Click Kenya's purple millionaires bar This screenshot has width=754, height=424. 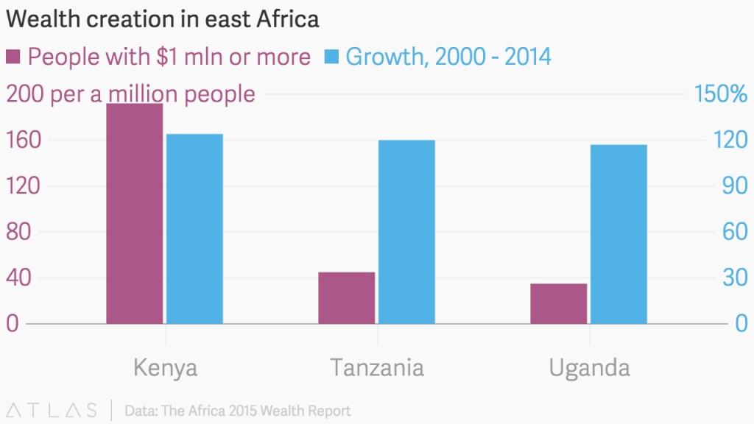coord(135,213)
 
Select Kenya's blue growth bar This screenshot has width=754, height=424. coord(194,229)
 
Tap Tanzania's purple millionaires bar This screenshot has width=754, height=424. coord(347,298)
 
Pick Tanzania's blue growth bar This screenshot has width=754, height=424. coord(406,232)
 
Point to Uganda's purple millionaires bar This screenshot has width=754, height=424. coord(559,304)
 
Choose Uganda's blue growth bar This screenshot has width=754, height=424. coord(619,234)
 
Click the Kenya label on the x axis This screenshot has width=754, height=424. coord(166,368)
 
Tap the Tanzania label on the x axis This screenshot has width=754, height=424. coord(377,368)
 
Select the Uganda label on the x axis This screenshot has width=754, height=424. coord(590,369)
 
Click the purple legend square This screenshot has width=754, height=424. coord(13,56)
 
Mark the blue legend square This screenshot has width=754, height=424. coord(332,56)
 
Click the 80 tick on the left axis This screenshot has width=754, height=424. coord(18,232)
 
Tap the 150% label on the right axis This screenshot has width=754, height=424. coord(721,93)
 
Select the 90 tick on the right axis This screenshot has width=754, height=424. coord(735,186)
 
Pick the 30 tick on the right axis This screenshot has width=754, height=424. coord(735,278)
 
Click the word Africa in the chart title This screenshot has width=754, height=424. coord(288,19)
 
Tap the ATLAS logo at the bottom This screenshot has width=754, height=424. coord(52,411)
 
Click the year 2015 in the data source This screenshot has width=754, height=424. coord(244,411)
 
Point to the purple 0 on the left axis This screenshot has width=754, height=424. coord(13,323)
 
